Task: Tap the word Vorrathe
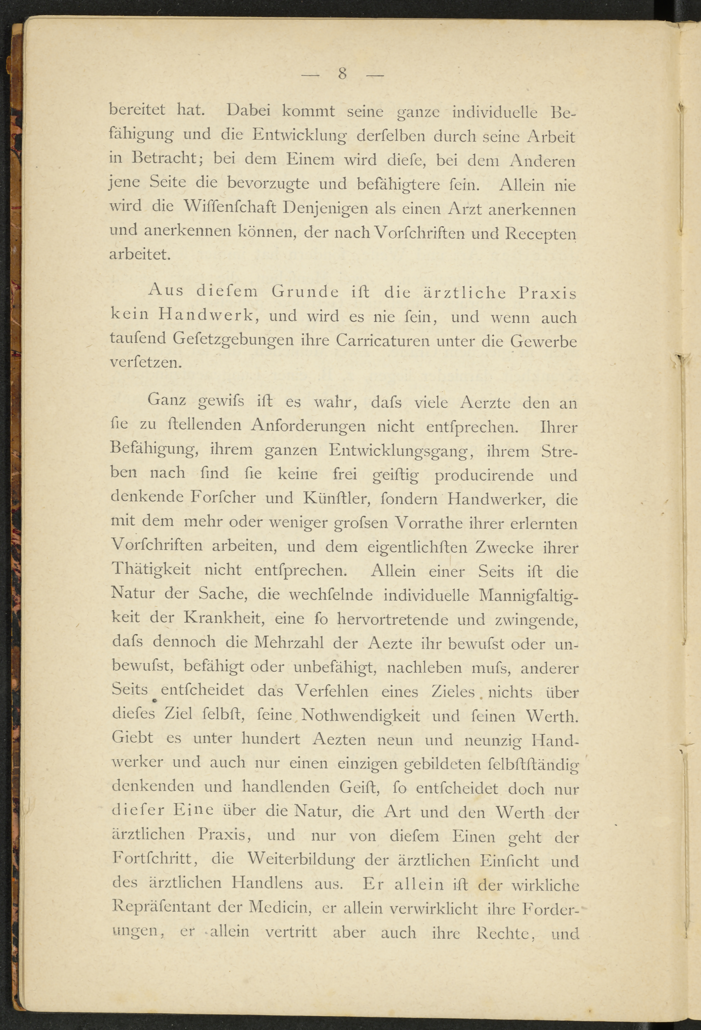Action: coord(428,523)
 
